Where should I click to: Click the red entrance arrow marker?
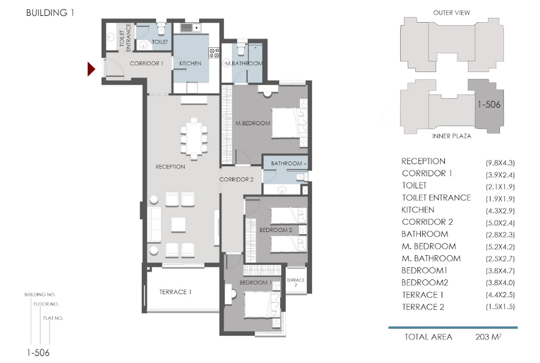click(x=91, y=69)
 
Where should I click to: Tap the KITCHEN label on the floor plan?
click(x=190, y=64)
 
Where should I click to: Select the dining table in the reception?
click(x=194, y=138)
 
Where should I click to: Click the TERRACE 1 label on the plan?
click(x=175, y=292)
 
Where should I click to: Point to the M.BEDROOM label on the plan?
click(x=253, y=123)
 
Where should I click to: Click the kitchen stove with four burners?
click(x=214, y=53)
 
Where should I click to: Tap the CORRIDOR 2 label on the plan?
click(x=236, y=179)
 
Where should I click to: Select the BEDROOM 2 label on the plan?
click(x=276, y=230)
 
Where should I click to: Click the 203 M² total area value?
click(x=488, y=337)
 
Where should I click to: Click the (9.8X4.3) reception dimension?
click(x=500, y=163)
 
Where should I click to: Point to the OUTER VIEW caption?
click(x=452, y=13)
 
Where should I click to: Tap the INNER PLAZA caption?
click(x=452, y=136)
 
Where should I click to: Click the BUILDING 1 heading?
click(x=50, y=13)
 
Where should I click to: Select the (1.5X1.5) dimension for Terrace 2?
click(x=500, y=307)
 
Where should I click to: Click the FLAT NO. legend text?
click(x=54, y=318)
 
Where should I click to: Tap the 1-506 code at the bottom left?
click(x=38, y=352)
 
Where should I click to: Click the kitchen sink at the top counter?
click(x=190, y=27)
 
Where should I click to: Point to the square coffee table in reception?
click(x=178, y=225)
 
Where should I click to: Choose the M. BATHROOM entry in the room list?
click(x=431, y=258)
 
